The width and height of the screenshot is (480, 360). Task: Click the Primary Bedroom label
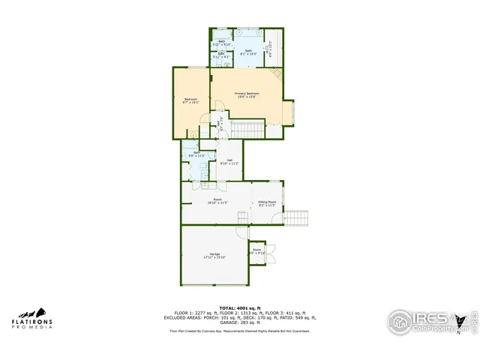pos(247,94)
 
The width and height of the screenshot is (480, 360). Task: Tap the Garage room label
pos(214,256)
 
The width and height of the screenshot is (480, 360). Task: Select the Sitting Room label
pos(268,203)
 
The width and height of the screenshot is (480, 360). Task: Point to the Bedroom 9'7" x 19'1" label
pos(190,101)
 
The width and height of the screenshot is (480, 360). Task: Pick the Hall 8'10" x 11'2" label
pos(230,161)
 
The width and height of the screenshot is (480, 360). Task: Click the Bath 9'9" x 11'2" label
pos(196,154)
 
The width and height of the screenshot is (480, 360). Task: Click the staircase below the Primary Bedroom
pos(247,130)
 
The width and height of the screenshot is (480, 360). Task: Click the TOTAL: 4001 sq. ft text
pos(239,307)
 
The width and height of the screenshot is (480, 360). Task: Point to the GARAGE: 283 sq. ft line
pos(239,322)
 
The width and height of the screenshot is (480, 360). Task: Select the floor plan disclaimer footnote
pos(239,331)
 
